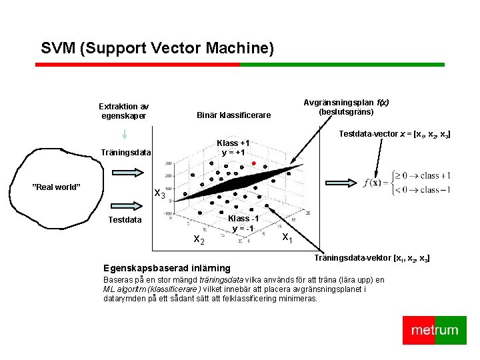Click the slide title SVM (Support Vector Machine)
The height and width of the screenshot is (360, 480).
[157, 49]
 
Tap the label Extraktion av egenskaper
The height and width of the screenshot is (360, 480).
[124, 111]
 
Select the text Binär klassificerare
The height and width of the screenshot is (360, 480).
[233, 115]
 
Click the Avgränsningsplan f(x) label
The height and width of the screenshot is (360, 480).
[346, 107]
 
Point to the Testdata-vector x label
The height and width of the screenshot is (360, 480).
[394, 135]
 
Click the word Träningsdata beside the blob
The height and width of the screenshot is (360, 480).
[126, 153]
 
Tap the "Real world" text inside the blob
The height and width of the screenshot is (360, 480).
[57, 187]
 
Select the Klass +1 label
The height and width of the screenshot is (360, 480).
[233, 147]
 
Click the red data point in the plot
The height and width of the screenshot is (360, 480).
[254, 163]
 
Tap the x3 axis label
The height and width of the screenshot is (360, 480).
[160, 194]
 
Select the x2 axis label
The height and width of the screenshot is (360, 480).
[199, 239]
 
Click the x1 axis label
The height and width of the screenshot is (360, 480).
[287, 237]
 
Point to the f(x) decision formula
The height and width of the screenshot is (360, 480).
[407, 182]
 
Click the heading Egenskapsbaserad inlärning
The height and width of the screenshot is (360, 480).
[157, 268]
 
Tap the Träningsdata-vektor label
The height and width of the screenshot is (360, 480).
[373, 257]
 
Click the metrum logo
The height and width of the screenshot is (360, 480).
[435, 330]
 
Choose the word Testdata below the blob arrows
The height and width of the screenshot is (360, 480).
[125, 219]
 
